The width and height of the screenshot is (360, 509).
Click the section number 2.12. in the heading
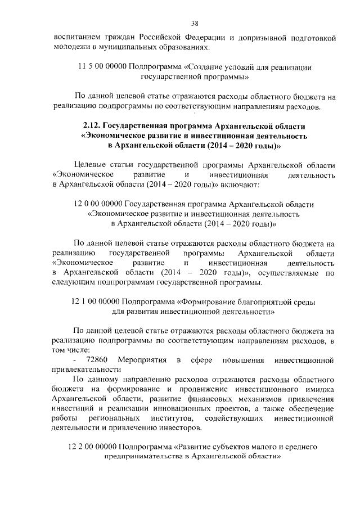[x=93, y=125]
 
